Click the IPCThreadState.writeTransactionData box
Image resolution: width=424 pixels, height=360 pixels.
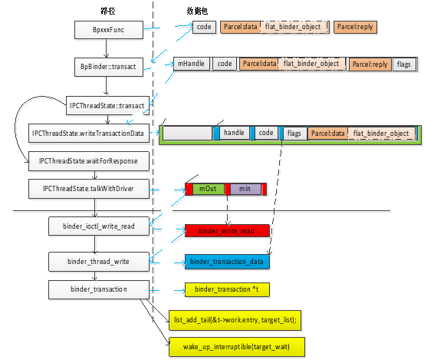tap(87, 134)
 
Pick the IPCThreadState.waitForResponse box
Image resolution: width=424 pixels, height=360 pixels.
tap(87, 160)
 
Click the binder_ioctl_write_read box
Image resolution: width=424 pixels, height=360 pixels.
tap(98, 226)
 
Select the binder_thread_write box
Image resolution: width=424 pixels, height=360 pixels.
tap(98, 262)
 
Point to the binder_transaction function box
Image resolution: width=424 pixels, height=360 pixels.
tap(98, 289)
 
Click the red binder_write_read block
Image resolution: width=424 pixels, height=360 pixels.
tap(228, 230)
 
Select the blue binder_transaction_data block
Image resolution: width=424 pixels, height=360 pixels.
tap(228, 262)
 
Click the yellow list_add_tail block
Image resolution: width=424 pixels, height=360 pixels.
tap(235, 319)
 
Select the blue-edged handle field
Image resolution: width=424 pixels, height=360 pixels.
tap(235, 134)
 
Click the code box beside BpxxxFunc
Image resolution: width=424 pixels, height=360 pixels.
tap(204, 27)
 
